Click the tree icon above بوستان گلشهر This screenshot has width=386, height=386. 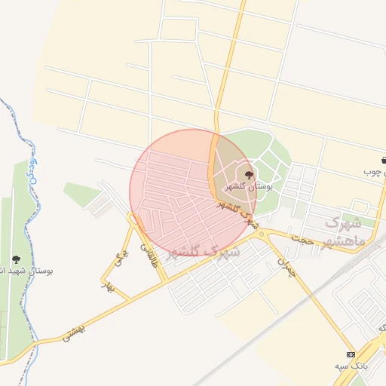tap(250, 175)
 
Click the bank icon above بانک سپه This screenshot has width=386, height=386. tap(351, 354)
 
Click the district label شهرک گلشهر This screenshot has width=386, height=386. tap(201, 251)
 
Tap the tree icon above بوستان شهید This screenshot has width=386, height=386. tap(17, 259)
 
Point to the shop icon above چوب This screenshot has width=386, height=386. tap(384, 161)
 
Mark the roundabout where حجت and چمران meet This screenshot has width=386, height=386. tap(262, 234)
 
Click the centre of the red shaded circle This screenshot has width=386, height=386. tap(193, 193)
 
